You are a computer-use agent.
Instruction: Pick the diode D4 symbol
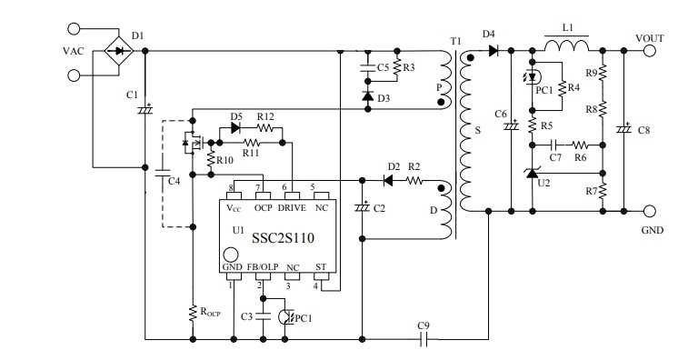click(493, 51)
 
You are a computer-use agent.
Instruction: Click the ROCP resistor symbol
click(192, 312)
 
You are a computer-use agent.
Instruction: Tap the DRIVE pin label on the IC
click(292, 208)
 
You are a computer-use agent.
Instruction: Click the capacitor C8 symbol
click(623, 130)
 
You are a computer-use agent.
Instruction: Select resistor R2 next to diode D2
click(414, 180)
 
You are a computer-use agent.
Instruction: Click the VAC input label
click(74, 51)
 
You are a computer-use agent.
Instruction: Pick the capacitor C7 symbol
click(554, 144)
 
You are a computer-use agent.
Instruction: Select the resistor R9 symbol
click(604, 73)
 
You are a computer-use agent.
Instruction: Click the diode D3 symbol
click(367, 95)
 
